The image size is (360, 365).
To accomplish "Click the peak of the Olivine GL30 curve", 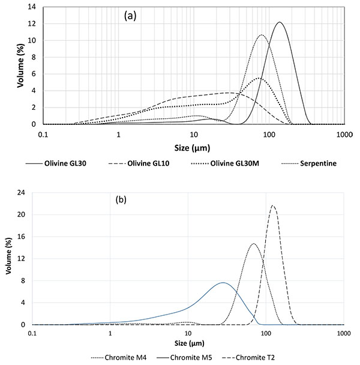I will point(280,23).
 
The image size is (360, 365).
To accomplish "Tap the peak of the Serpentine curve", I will point(262,35).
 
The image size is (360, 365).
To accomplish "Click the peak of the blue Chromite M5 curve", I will point(223,282).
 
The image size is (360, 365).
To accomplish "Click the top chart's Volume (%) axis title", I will point(20,65).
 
